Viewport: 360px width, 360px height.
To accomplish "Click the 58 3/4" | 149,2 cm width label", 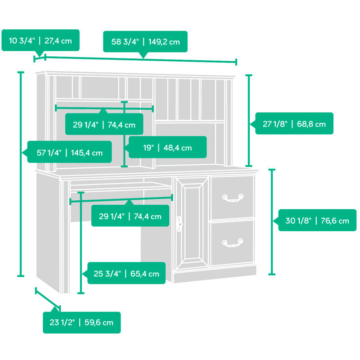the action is tap(145, 42).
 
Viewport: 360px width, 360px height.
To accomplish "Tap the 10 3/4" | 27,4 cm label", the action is tap(40, 40).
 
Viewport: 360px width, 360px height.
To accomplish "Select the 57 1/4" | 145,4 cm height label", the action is tap(70, 152).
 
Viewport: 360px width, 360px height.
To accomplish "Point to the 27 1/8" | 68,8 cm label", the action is tap(294, 123).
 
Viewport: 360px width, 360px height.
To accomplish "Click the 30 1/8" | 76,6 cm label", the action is tap(317, 220).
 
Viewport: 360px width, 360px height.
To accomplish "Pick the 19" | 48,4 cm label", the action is tap(167, 147).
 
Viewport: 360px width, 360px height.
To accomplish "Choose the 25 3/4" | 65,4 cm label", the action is tap(126, 273).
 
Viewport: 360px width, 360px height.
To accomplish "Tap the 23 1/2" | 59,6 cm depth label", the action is tap(82, 322).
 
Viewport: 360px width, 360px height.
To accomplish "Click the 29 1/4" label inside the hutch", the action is tap(104, 124).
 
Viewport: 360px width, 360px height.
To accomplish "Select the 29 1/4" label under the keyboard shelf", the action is tap(130, 216).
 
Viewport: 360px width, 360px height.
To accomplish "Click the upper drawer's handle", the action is tap(233, 198).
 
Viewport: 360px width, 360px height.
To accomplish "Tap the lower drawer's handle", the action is tap(233, 243).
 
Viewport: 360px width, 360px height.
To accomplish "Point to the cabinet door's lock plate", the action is tap(179, 224).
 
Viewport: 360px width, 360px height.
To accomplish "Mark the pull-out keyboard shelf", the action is tap(121, 186).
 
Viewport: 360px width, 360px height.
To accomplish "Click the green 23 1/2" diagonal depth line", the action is tap(48, 299).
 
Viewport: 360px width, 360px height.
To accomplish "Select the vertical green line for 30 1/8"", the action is tap(272, 222).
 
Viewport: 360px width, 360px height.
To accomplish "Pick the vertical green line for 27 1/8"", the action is tap(249, 121).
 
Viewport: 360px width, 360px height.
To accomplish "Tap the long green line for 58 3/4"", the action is tap(141, 59).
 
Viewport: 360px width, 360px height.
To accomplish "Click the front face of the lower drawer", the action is tap(233, 243).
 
